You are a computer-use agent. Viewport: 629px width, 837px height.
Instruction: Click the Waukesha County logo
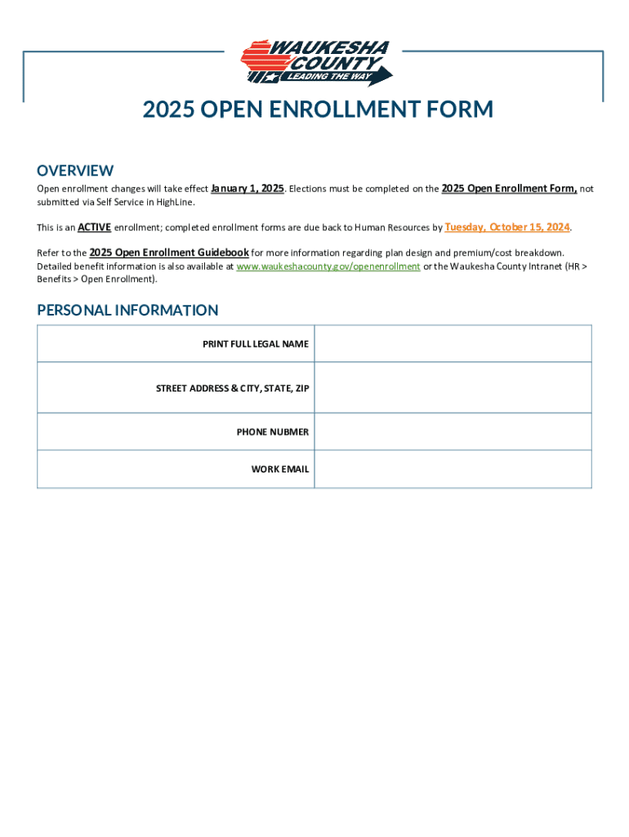315,63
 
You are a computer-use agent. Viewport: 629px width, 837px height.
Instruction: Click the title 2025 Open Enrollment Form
318,110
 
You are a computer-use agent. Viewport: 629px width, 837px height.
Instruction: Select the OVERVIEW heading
75,170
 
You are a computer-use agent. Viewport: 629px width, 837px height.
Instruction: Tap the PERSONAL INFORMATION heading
127,310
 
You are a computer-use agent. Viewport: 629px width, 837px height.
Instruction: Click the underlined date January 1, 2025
248,189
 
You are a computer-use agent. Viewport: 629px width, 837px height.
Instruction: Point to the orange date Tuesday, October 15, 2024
507,226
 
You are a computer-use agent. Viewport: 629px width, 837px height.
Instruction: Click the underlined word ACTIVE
94,227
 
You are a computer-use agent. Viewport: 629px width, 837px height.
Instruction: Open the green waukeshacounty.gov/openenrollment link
328,266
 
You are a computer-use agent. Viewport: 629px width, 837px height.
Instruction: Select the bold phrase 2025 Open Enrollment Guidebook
169,253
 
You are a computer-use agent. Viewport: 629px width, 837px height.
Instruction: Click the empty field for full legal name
453,344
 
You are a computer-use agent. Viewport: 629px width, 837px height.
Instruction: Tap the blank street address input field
453,387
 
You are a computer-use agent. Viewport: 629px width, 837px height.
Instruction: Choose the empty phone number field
453,432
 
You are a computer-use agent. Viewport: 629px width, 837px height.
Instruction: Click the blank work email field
453,469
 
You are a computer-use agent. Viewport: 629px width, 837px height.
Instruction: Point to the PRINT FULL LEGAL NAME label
256,344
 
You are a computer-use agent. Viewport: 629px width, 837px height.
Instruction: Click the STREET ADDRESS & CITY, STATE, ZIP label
233,388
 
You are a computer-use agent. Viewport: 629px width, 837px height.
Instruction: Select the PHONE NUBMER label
273,432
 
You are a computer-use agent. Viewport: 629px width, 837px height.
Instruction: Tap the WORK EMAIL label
280,469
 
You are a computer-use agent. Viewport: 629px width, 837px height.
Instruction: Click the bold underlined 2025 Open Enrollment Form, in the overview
509,189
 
